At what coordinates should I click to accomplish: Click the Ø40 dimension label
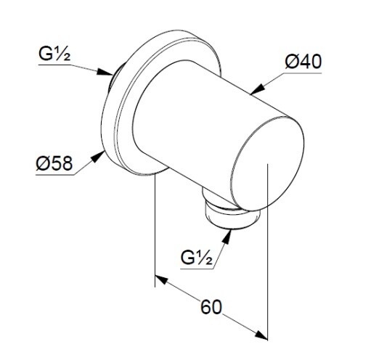click(x=303, y=62)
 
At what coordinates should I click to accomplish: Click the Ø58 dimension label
click(x=54, y=163)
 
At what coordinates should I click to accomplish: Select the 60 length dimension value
click(x=211, y=307)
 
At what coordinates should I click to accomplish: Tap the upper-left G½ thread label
click(x=54, y=54)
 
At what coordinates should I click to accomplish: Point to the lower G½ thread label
click(x=197, y=258)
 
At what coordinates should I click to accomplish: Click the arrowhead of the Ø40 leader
click(x=257, y=89)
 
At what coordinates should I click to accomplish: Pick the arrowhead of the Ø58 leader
click(x=98, y=157)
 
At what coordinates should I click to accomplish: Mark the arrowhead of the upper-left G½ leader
click(x=105, y=72)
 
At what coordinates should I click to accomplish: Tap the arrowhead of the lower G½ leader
click(x=227, y=237)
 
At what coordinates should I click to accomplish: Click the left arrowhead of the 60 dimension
click(x=161, y=279)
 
